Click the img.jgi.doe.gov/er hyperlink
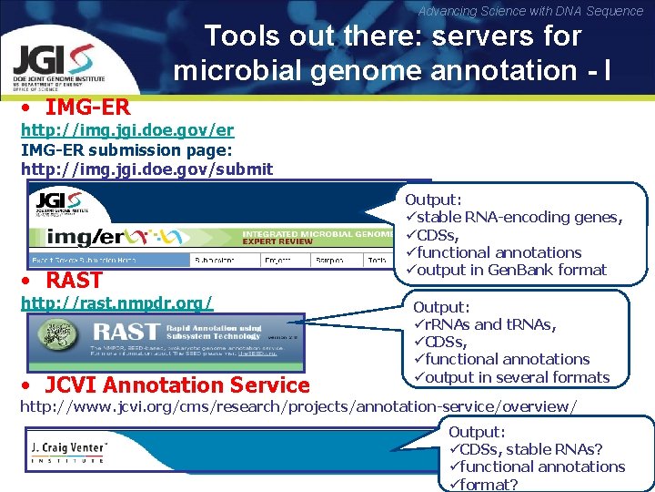tap(127, 130)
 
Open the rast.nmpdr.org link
tap(116, 302)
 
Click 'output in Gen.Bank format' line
tap(510, 270)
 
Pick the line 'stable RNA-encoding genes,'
tap(519, 217)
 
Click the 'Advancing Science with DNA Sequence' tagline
tap(530, 11)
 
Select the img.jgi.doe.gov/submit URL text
tap(146, 169)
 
